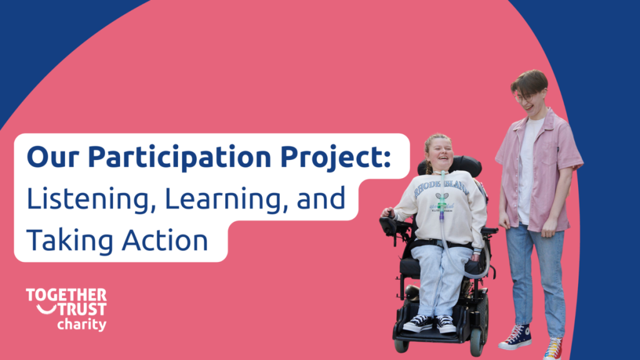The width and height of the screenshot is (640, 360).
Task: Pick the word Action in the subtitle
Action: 165,240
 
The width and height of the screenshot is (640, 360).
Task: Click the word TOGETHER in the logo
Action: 66,295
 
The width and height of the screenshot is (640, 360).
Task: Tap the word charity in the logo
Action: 82,325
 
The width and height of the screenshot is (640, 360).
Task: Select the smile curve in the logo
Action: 46,311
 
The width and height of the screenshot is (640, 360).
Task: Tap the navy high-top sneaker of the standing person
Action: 516,337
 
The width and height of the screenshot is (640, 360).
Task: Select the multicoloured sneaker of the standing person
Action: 553,348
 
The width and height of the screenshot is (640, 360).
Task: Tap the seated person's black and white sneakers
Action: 429,324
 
